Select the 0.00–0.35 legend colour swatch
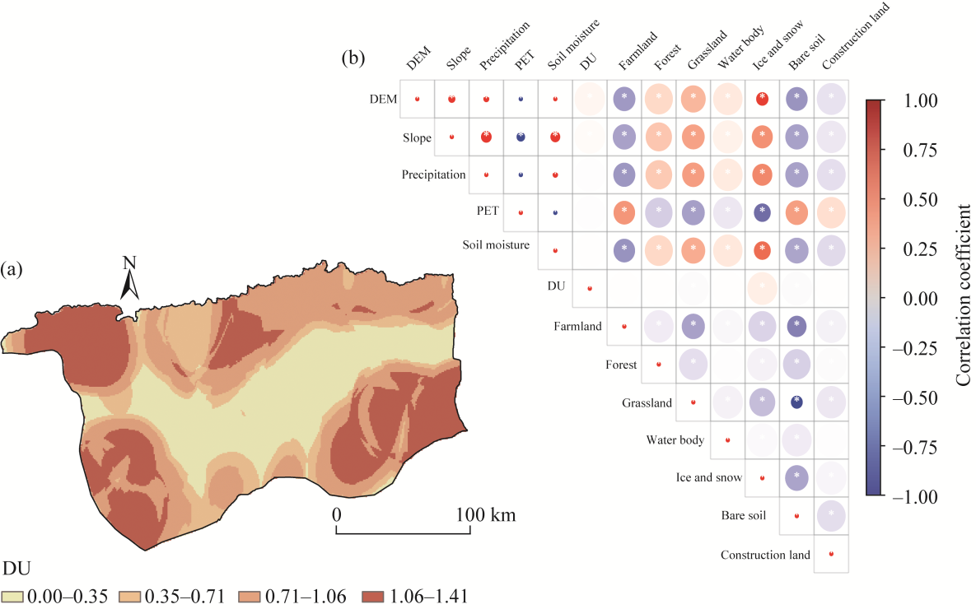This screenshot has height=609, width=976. [12, 596]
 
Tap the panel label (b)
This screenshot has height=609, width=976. [353, 59]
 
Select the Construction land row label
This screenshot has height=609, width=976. [765, 555]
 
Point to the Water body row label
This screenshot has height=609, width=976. [675, 440]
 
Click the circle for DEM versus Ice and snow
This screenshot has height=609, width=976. [762, 100]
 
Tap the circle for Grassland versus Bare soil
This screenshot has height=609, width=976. [796, 402]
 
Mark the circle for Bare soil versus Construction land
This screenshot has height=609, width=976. [831, 516]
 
